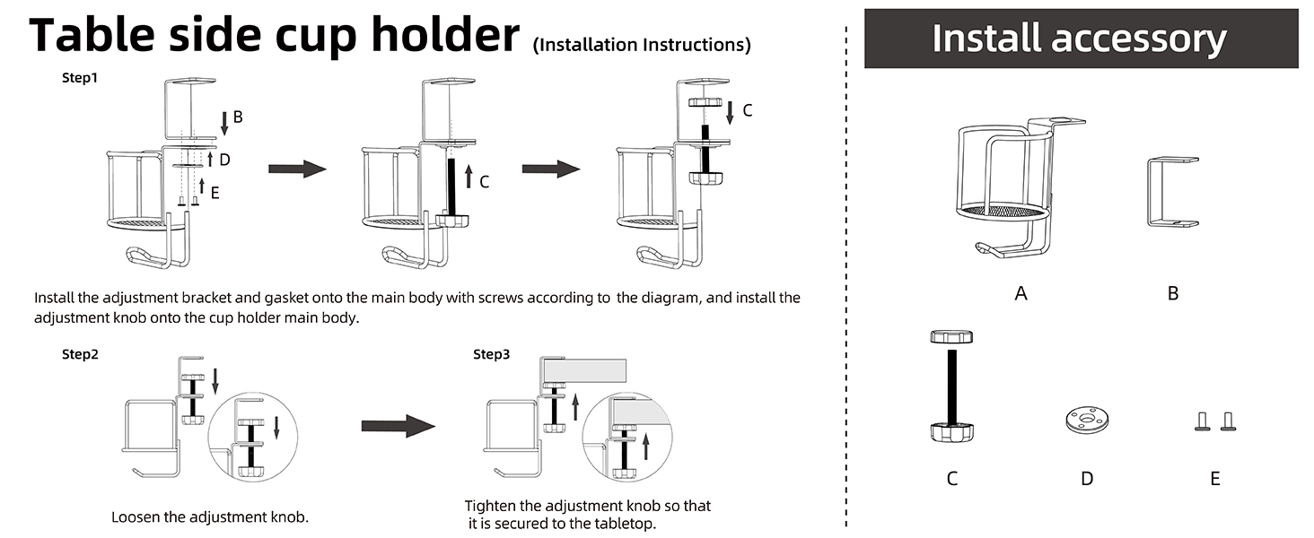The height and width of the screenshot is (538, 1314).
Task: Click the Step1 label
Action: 80,77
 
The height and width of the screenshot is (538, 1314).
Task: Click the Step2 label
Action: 80,354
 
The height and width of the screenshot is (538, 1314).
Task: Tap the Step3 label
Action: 492,354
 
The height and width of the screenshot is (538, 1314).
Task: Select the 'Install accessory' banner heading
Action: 1080,38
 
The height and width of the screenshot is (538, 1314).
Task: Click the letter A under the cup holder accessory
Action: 1021,293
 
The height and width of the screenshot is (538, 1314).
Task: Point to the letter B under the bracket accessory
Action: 1173,293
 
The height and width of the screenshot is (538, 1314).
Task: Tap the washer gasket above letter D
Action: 1087,421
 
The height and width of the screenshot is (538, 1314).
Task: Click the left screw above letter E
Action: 1203,421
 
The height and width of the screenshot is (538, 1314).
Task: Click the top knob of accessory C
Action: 951,336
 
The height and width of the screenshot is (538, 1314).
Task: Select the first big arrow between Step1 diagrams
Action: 297,169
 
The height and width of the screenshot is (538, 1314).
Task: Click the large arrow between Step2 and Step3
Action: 399,426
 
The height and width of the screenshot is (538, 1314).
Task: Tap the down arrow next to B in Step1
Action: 224,123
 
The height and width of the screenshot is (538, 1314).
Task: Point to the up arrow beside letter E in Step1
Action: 202,186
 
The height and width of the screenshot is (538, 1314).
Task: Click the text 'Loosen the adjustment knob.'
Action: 210,516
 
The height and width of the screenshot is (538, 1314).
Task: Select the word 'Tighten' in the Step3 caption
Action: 490,506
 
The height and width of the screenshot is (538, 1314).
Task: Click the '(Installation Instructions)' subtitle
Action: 642,45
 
